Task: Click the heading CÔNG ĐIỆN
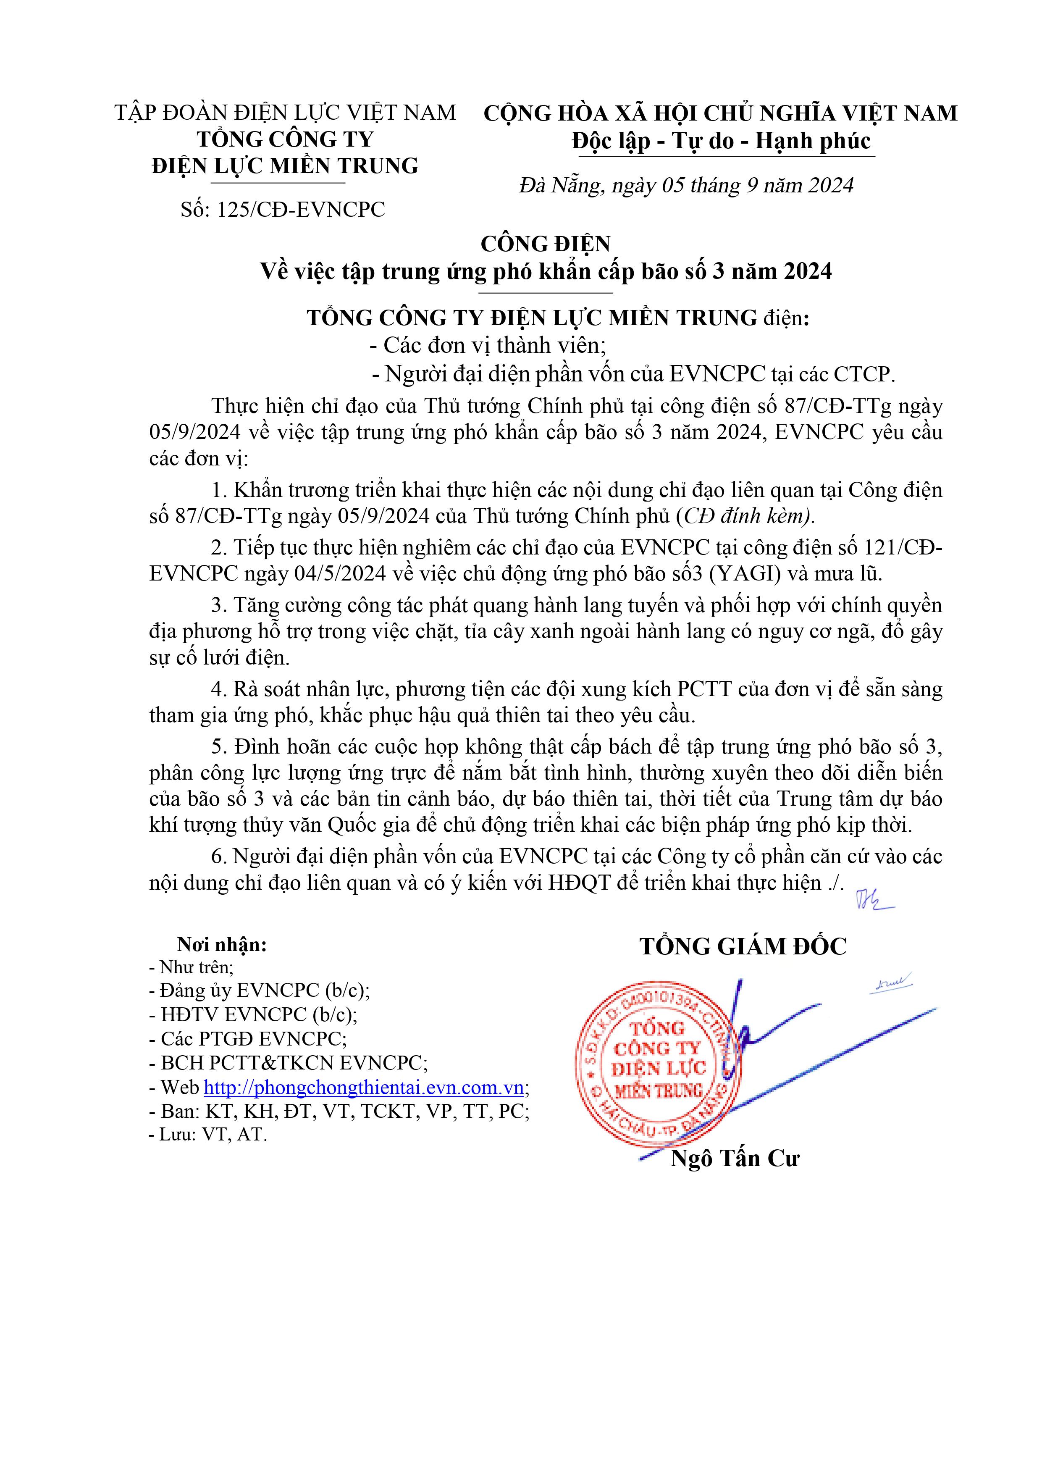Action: point(545,244)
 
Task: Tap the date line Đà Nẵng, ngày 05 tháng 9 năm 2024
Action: point(686,186)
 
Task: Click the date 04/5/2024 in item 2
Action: point(340,573)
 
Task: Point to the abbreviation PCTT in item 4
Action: point(704,689)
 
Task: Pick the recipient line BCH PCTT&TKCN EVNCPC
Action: point(288,1062)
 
